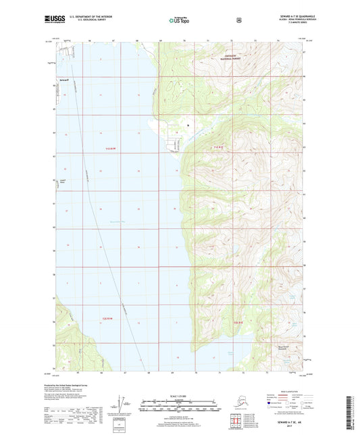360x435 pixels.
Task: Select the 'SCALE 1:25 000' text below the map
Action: click(x=179, y=395)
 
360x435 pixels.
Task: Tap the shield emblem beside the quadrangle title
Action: click(x=238, y=20)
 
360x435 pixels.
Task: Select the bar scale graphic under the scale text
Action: click(x=179, y=407)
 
